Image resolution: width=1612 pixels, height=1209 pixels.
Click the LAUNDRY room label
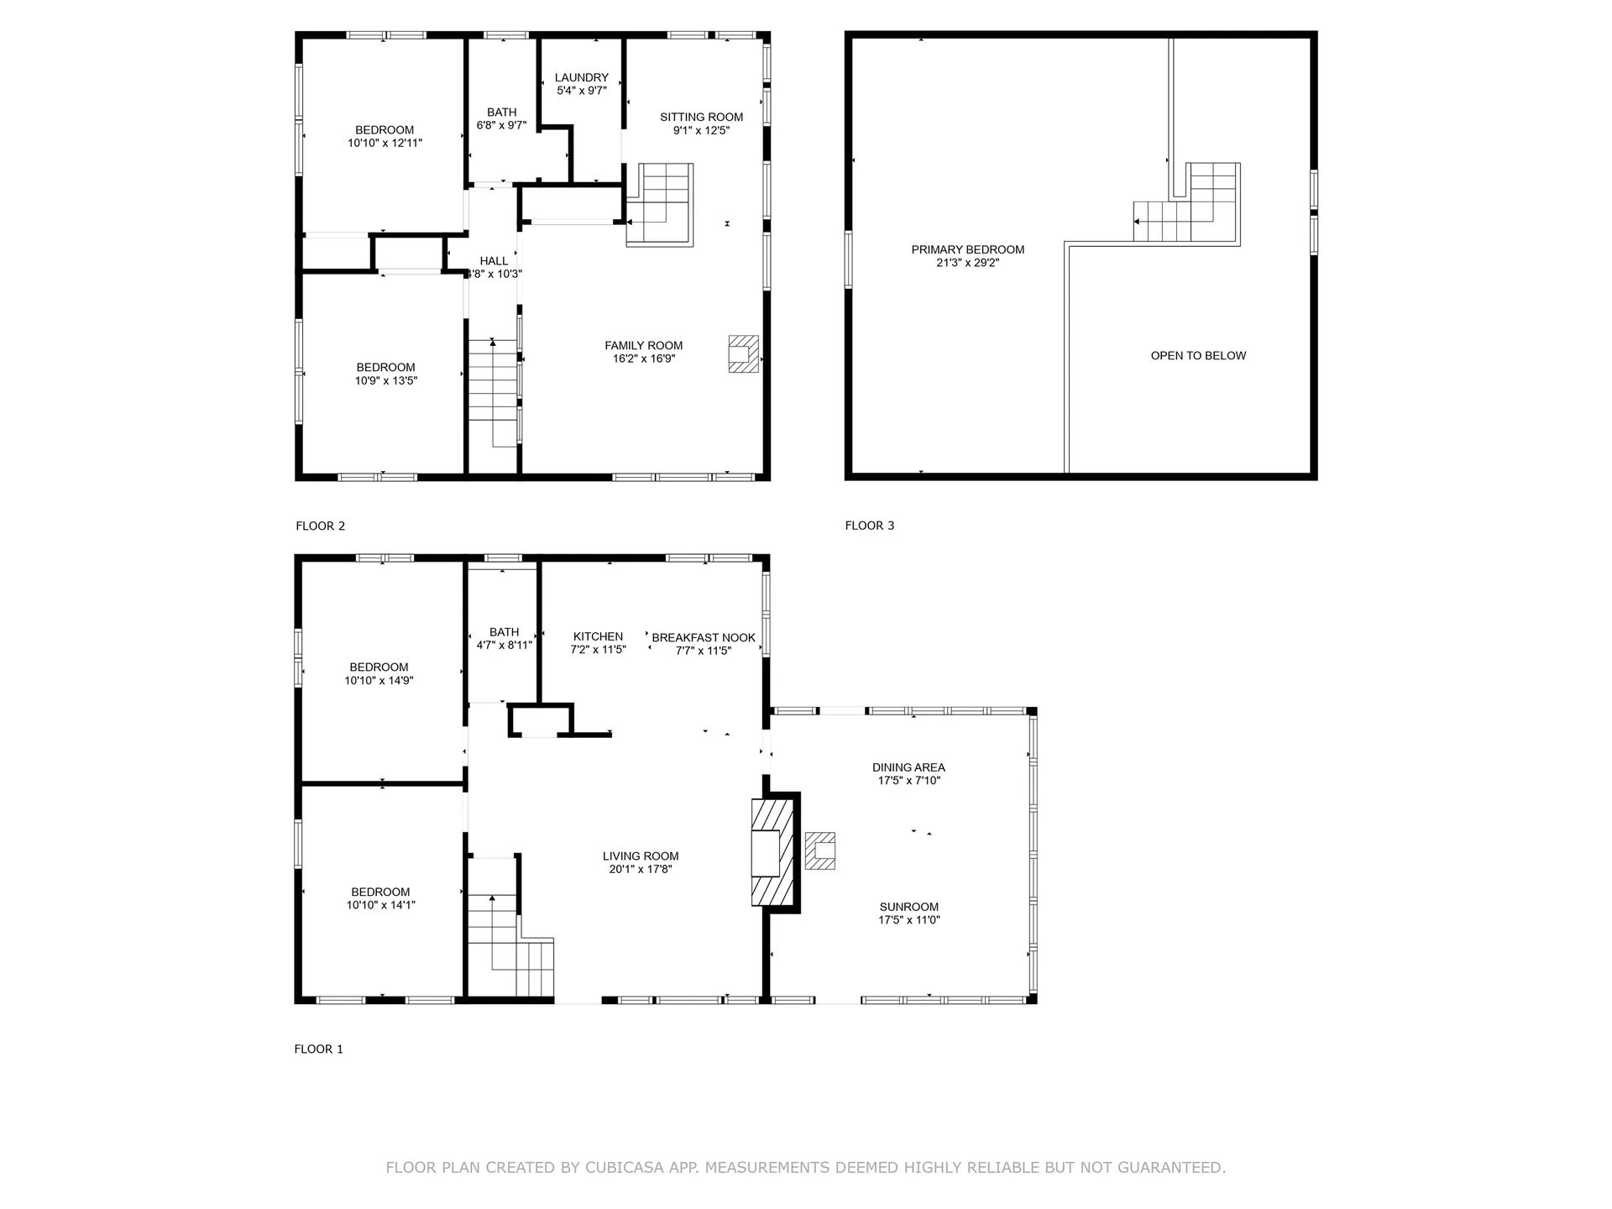click(581, 77)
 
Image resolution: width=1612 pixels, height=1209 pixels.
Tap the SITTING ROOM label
click(701, 117)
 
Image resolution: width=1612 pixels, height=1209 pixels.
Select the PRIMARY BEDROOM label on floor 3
click(967, 249)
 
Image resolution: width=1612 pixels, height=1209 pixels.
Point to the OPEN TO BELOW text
click(1198, 355)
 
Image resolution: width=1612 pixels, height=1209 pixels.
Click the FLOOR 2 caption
click(320, 526)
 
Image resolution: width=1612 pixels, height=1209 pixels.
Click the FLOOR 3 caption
click(869, 526)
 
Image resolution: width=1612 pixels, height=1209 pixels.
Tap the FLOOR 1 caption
click(318, 1049)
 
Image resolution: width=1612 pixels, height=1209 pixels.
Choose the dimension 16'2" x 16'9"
click(643, 359)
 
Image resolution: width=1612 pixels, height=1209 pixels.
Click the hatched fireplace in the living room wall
click(772, 852)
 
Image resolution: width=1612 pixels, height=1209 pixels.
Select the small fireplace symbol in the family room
click(743, 353)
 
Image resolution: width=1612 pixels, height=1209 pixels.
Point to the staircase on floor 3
click(1186, 206)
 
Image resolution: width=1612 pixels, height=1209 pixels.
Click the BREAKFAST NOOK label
click(703, 637)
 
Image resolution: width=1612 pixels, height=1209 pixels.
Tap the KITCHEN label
click(598, 636)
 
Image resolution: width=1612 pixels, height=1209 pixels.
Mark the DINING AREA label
click(908, 767)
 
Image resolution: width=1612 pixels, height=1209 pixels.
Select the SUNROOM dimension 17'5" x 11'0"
click(908, 919)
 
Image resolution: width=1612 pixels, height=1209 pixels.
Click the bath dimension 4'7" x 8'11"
click(504, 645)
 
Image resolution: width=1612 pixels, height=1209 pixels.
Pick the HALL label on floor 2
click(494, 261)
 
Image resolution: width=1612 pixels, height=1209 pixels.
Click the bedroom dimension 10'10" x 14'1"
click(380, 904)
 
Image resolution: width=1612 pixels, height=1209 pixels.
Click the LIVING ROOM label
click(640, 856)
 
